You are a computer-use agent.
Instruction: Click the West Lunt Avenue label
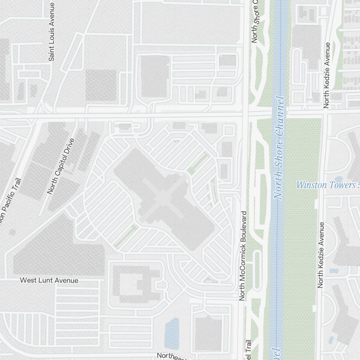point(49,280)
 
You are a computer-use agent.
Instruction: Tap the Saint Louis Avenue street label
point(52,32)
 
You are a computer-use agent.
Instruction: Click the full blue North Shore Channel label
point(281,148)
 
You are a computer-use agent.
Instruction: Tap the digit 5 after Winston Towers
point(358,185)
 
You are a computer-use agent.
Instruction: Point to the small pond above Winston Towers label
point(338,179)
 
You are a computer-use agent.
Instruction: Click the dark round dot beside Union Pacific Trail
point(12,232)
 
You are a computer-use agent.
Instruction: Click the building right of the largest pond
point(208,333)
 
